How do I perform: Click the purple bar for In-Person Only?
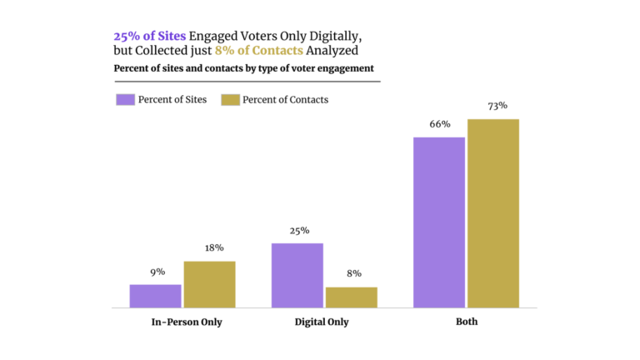(x=155, y=296)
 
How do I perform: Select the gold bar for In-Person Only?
(x=209, y=284)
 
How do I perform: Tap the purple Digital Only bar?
(x=297, y=275)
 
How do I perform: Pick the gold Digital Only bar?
(x=351, y=297)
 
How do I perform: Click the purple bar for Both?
(x=438, y=222)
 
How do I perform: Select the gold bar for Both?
(x=492, y=213)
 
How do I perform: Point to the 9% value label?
(x=157, y=272)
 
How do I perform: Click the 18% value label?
(x=213, y=248)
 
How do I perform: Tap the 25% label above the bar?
(x=299, y=231)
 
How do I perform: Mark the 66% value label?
(x=440, y=124)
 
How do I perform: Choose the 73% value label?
(x=497, y=106)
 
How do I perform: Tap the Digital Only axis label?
(x=322, y=322)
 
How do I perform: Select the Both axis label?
(x=467, y=322)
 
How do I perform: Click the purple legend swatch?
(x=124, y=100)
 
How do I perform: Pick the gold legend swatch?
(x=230, y=100)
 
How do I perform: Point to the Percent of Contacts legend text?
(x=285, y=100)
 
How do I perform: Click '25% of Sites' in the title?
(x=150, y=37)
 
